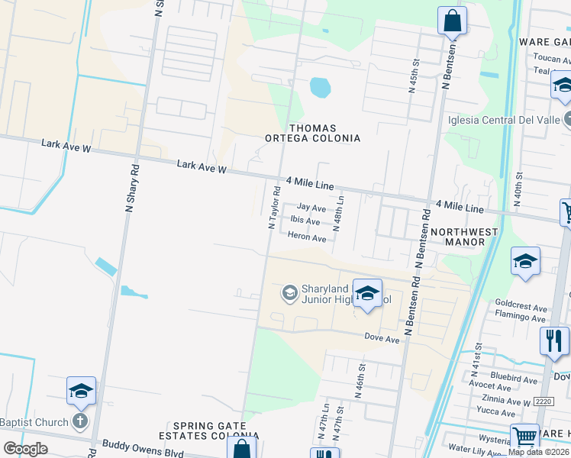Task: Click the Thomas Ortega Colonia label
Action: tap(323, 133)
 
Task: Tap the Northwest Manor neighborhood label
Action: tap(458, 237)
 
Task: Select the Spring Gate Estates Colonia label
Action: tap(215, 431)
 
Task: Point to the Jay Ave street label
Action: tap(311, 208)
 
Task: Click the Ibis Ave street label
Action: tap(305, 221)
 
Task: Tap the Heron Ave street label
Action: tap(307, 238)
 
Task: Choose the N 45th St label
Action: tap(415, 77)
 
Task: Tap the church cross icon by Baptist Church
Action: tap(80, 421)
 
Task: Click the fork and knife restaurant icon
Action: tap(554, 340)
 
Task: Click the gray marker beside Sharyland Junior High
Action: tap(289, 292)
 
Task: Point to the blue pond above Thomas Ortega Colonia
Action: tap(321, 89)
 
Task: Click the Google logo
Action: tap(25, 448)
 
